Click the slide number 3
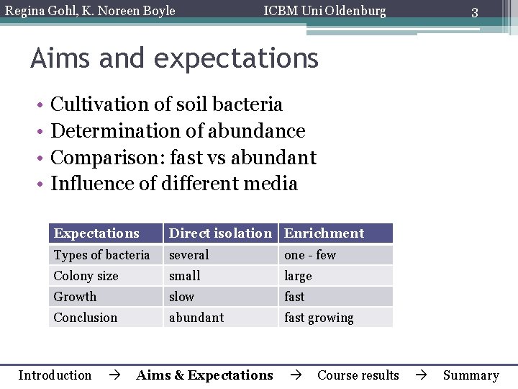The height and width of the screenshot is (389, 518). [x=474, y=12]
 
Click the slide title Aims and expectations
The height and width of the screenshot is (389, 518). [x=174, y=58]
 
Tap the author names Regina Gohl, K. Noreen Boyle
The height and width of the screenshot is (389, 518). [x=90, y=11]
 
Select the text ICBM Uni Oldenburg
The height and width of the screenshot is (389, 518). [x=324, y=11]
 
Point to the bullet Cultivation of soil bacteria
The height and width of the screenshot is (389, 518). [x=166, y=104]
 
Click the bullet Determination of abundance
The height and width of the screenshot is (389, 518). [x=178, y=131]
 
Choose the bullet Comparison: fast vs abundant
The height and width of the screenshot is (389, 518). [x=183, y=157]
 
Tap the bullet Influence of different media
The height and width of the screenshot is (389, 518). [x=174, y=184]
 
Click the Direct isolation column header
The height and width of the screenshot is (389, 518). [x=220, y=233]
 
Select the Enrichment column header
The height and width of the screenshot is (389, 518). [x=324, y=233]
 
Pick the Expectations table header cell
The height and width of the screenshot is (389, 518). [x=96, y=233]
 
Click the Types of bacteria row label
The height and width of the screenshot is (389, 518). [x=101, y=255]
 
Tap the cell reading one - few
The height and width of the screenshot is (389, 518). [x=310, y=255]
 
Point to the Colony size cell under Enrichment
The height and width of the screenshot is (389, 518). [x=298, y=276]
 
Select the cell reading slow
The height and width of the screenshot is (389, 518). [x=181, y=297]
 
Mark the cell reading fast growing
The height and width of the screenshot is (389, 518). [x=319, y=318]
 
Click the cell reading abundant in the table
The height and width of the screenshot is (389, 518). [x=196, y=318]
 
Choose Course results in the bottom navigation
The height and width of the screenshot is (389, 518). [x=358, y=375]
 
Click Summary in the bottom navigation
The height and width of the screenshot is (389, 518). [x=471, y=375]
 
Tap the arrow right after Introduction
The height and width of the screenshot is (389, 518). [x=114, y=375]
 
